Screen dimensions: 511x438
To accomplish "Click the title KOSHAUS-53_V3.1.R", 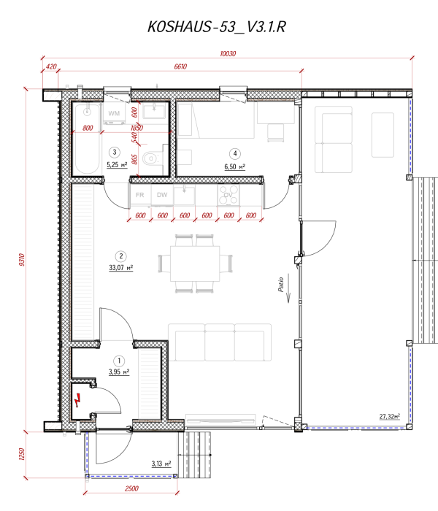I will pyautogui.click(x=219, y=28).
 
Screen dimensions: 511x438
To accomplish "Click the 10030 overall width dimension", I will pyautogui.click(x=230, y=53).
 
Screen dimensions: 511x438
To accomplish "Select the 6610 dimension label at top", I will pyautogui.click(x=181, y=66).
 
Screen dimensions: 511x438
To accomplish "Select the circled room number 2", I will pyautogui.click(x=121, y=255).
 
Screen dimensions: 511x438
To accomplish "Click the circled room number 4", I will pyautogui.click(x=234, y=153).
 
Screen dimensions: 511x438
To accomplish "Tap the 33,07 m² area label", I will pyautogui.click(x=121, y=267).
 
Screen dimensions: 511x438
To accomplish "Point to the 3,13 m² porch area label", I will pyautogui.click(x=161, y=463).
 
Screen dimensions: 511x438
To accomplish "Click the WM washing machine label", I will pyautogui.click(x=114, y=114).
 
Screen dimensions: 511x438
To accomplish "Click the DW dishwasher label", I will pyautogui.click(x=162, y=195).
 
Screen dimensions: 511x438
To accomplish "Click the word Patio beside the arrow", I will pyautogui.click(x=280, y=284).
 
